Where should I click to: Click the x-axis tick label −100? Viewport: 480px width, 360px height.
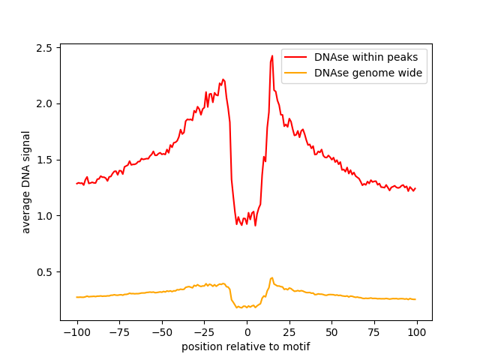tap(77, 332)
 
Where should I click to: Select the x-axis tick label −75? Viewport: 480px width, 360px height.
tap(119, 332)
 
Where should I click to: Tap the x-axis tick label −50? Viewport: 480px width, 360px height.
tap(162, 332)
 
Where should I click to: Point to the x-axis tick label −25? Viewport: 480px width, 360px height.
tap(205, 332)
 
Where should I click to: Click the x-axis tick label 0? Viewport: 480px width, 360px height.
tap(247, 332)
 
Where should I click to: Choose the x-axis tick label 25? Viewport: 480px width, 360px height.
tap(289, 332)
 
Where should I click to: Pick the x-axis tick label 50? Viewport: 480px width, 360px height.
tap(331, 332)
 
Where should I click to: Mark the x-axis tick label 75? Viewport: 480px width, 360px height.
tap(374, 332)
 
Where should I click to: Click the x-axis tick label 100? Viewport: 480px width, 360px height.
tap(417, 332)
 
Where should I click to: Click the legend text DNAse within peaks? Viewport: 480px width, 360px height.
tap(366, 57)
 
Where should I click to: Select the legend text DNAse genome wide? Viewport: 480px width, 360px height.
tap(368, 73)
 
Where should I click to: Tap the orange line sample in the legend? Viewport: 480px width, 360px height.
tap(295, 73)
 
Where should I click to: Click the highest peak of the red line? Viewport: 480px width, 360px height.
tap(272, 56)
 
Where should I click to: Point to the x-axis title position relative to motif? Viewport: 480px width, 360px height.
tap(246, 346)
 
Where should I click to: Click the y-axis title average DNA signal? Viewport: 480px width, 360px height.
tap(25, 182)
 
